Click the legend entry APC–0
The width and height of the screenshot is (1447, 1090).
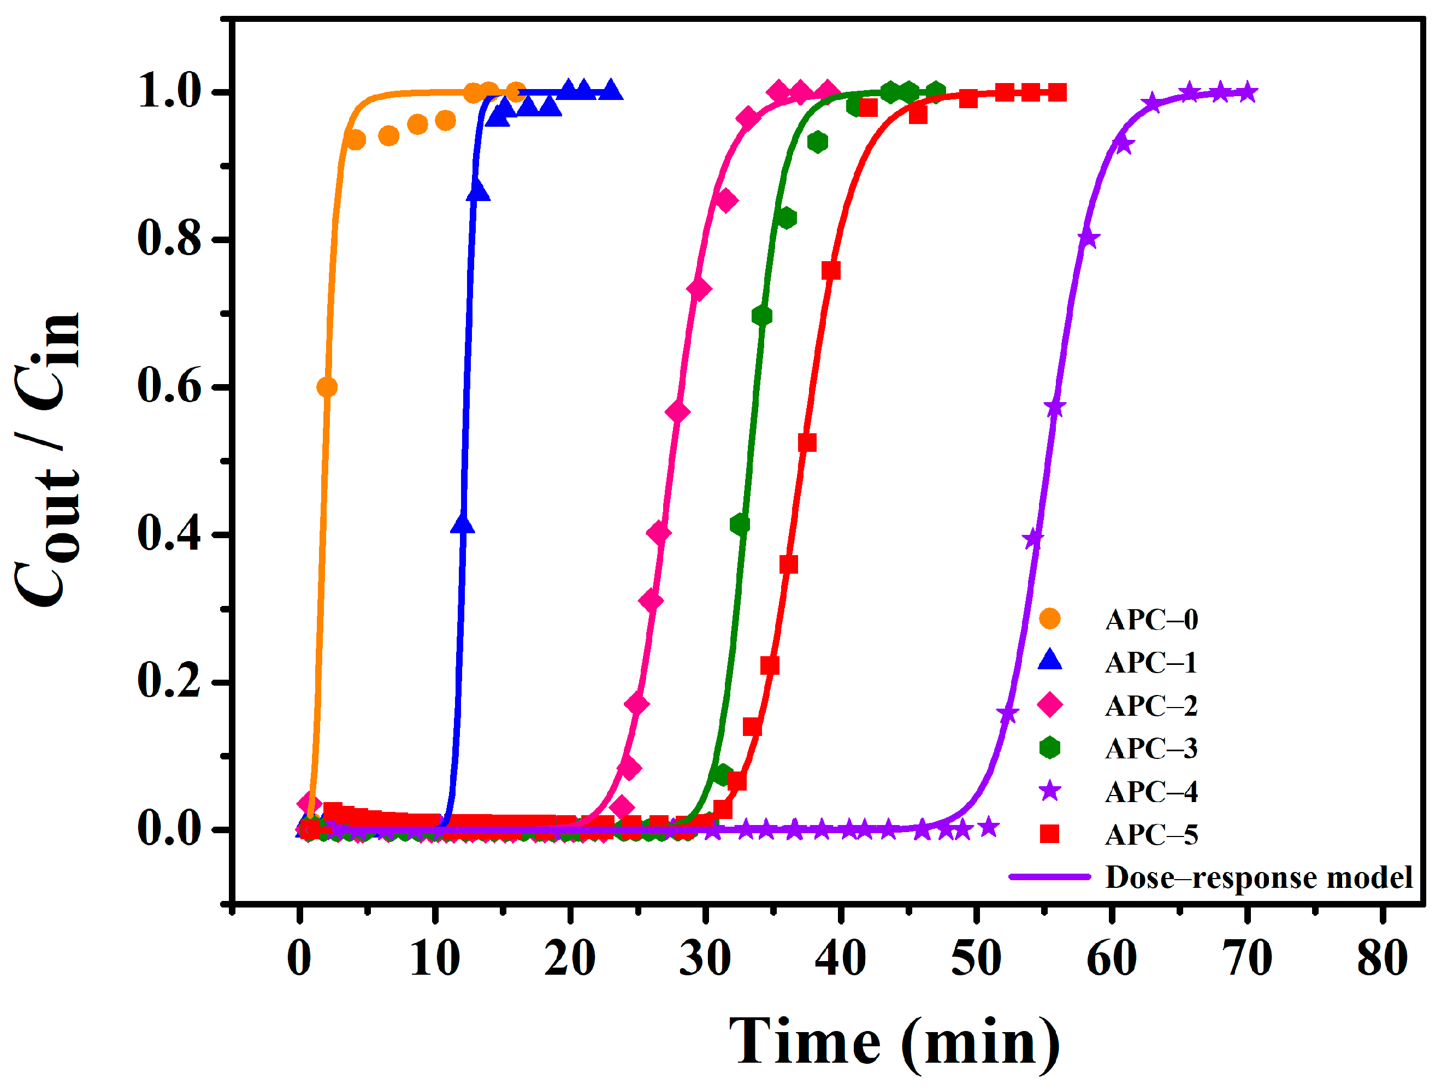click(x=1151, y=620)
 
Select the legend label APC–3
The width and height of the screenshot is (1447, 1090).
click(x=1151, y=748)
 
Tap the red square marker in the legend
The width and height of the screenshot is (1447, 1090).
click(x=1049, y=834)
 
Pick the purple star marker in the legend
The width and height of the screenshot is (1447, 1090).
click(x=1049, y=791)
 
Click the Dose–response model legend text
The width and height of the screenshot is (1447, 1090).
click(x=1259, y=877)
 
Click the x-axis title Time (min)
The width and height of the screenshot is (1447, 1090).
click(x=895, y=1041)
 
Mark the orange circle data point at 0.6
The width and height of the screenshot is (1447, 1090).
click(x=327, y=387)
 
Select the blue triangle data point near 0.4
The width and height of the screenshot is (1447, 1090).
click(x=463, y=525)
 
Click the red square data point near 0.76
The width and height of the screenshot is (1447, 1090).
click(x=831, y=270)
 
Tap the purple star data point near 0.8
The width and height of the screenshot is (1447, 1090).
click(x=1088, y=238)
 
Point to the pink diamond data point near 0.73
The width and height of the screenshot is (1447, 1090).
click(x=699, y=288)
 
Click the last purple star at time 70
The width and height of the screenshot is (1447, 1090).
click(x=1248, y=92)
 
